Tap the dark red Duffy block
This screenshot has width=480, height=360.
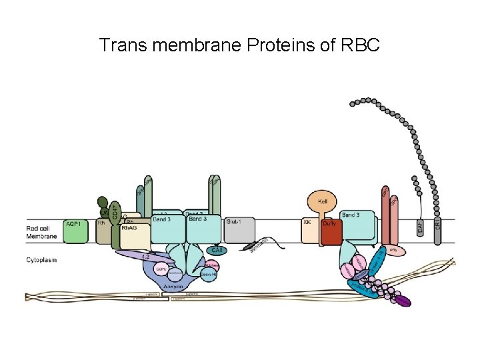[331, 232]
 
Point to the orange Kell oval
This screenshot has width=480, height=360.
[323, 201]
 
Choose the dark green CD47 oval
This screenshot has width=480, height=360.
[115, 211]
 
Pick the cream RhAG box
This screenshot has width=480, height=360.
[131, 233]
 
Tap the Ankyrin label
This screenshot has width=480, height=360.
[174, 287]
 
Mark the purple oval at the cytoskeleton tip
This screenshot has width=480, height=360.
[402, 301]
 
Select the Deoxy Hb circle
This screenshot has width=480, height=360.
[208, 273]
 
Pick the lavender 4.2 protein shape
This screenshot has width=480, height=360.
[143, 255]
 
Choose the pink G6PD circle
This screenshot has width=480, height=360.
[161, 269]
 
